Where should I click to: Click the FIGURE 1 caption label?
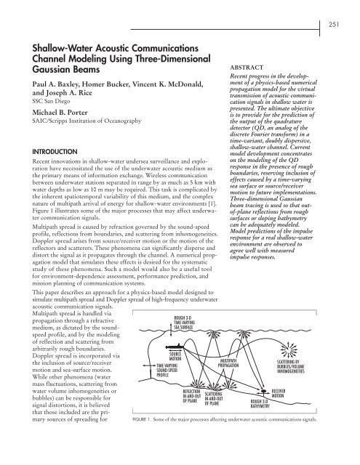coord(164,459)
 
